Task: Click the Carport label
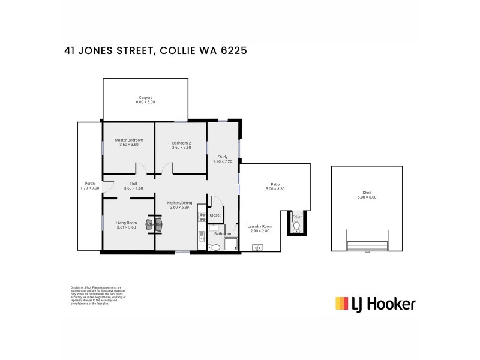click(145, 97)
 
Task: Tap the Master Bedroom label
click(129, 140)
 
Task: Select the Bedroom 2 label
click(181, 143)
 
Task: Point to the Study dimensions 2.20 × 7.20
click(223, 161)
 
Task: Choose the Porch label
click(89, 184)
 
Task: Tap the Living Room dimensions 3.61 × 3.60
click(126, 227)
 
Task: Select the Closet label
click(215, 215)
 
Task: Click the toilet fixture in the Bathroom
click(215, 247)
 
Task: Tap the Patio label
click(275, 184)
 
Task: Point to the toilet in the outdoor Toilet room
click(296, 226)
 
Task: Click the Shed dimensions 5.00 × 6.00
click(367, 197)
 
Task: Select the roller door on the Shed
click(367, 247)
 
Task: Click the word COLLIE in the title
click(182, 51)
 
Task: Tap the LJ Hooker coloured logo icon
click(342, 304)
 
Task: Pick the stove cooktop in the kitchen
click(202, 215)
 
